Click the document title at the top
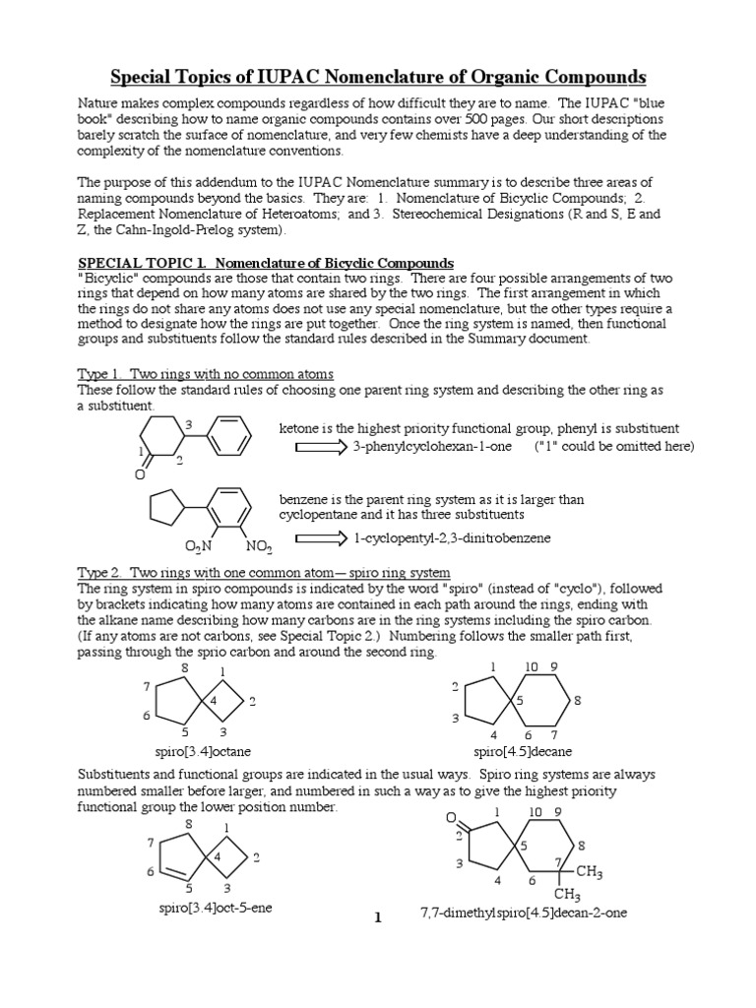(x=377, y=77)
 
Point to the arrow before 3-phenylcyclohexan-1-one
(x=320, y=447)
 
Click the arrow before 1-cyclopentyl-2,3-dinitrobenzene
(x=321, y=538)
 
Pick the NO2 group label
(x=259, y=545)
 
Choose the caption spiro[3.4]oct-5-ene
(x=215, y=908)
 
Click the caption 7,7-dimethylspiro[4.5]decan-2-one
(x=523, y=913)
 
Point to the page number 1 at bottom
(x=377, y=917)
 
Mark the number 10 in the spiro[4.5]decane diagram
(x=531, y=667)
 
